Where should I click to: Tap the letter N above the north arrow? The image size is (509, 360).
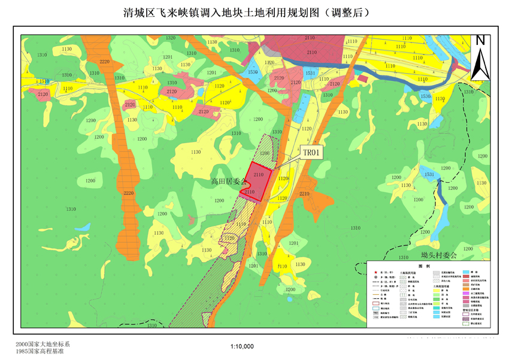tap(480, 41)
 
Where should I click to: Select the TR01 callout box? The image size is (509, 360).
tap(312, 153)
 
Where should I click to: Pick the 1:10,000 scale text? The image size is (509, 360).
tap(242, 346)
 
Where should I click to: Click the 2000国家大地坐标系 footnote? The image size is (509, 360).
tap(44, 344)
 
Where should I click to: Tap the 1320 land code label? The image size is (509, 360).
tap(171, 38)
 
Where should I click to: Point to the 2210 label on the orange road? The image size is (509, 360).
tap(304, 194)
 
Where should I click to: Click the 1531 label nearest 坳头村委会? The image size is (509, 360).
tap(429, 174)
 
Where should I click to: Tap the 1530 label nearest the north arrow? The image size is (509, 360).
tap(425, 96)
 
